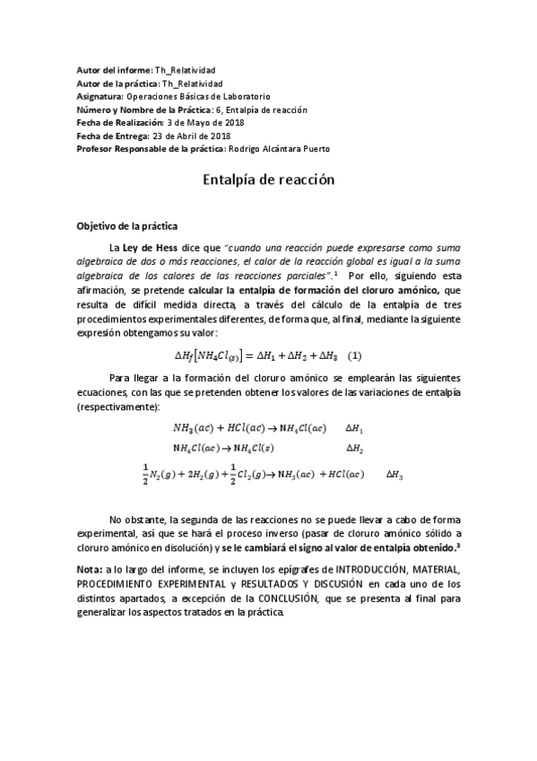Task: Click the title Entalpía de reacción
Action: pyautogui.click(x=268, y=179)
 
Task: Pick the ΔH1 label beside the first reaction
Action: pyautogui.click(x=355, y=429)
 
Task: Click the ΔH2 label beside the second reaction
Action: pyautogui.click(x=355, y=447)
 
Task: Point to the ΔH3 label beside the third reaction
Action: pyautogui.click(x=394, y=474)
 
